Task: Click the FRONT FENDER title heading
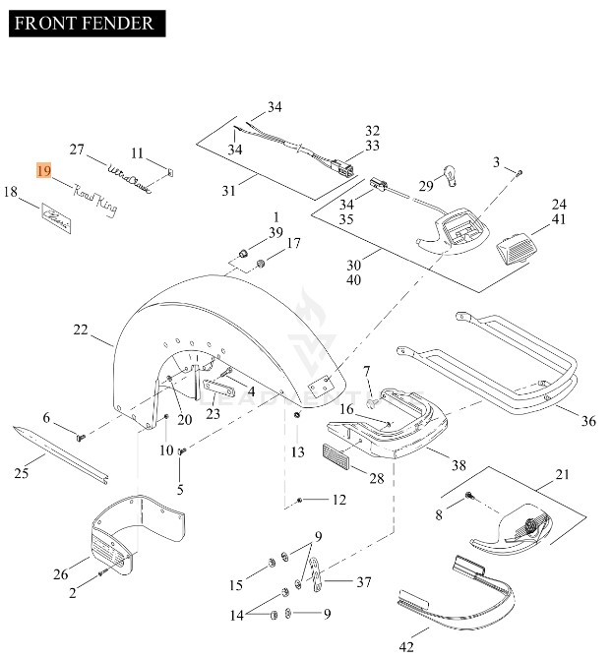tap(85, 23)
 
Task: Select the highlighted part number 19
tap(44, 171)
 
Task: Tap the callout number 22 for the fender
tap(81, 331)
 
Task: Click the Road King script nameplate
tap(94, 203)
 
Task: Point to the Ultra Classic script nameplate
tap(130, 180)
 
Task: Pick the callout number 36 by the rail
tap(587, 421)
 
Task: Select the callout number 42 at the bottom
tap(406, 645)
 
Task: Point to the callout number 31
tap(227, 191)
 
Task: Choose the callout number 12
tap(338, 501)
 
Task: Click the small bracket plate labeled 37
tap(317, 577)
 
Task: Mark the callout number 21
tap(562, 475)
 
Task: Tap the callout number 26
tap(60, 574)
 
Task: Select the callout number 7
tap(367, 371)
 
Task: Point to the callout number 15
tap(236, 586)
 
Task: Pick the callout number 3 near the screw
tap(497, 161)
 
